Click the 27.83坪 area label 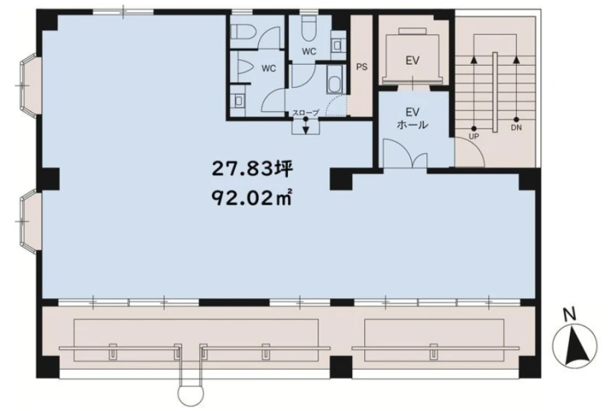click(x=252, y=170)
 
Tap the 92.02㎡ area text click(x=252, y=198)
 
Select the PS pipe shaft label click(x=361, y=67)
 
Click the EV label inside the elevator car click(x=412, y=60)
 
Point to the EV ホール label click(x=412, y=118)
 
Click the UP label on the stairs click(x=474, y=137)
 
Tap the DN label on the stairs click(x=517, y=128)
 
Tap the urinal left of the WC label click(x=244, y=67)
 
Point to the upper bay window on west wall click(x=30, y=86)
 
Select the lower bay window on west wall click(x=30, y=222)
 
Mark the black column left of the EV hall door click(x=341, y=179)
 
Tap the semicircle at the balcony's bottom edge click(x=191, y=396)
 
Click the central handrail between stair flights click(x=495, y=92)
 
